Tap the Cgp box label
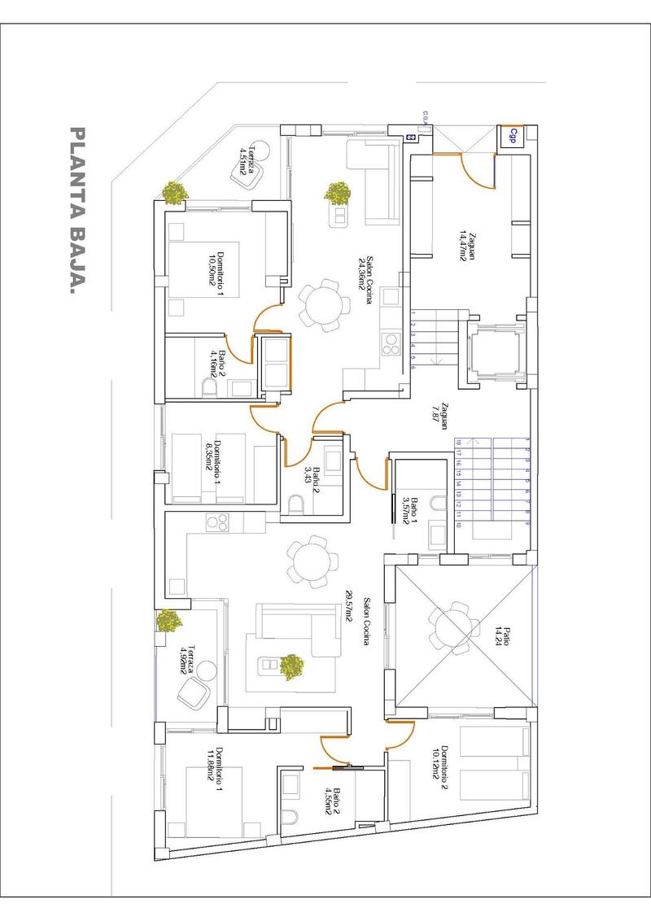click(513, 136)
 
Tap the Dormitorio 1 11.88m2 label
click(214, 766)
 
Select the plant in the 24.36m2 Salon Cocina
click(338, 193)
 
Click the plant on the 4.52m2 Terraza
click(170, 621)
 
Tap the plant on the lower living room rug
click(291, 666)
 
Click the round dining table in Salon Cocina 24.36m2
click(325, 306)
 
